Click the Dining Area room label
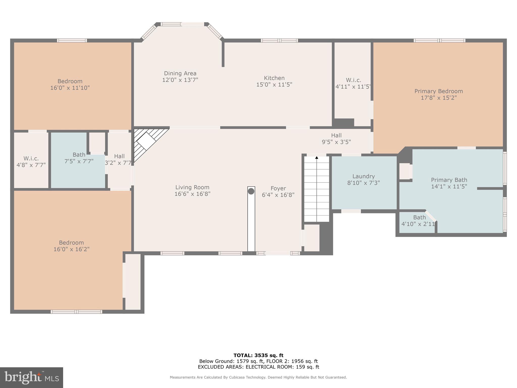coord(180,73)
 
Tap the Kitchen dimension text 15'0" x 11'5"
coord(274,85)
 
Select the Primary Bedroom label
coord(438,91)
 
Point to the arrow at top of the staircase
coord(317,158)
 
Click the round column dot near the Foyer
coord(251,191)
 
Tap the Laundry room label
coord(364,176)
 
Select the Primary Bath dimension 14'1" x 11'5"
coord(449,187)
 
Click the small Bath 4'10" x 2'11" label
coord(419,217)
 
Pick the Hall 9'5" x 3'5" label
coord(336,139)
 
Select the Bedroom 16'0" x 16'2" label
coord(71,243)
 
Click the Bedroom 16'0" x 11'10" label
coord(70,81)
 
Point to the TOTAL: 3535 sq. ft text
coord(258,355)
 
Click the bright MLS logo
coord(31,377)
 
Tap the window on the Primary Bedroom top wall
coord(439,40)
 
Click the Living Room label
coord(192,187)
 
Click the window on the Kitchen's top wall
coord(279,40)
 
